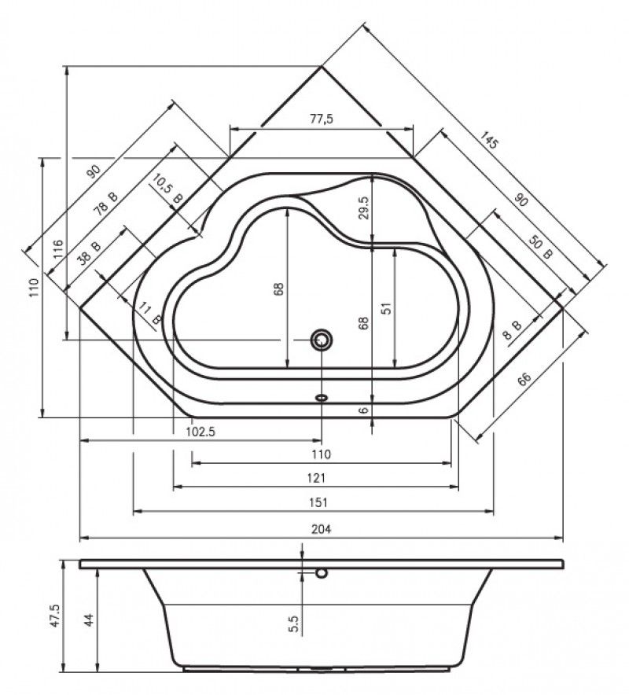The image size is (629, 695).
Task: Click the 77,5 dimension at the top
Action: click(321, 119)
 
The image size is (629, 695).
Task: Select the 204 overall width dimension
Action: click(321, 529)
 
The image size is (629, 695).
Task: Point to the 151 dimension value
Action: click(318, 502)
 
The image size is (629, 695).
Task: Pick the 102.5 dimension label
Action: click(200, 432)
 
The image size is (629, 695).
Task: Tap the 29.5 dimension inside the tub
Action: click(363, 207)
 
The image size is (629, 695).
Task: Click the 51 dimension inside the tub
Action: click(387, 308)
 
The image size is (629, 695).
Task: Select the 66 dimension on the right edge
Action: click(524, 380)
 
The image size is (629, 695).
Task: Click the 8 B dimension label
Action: click(513, 330)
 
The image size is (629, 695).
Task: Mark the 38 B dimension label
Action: click(89, 253)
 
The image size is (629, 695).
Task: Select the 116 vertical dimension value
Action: click(57, 249)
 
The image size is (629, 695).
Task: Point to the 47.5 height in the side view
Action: click(55, 616)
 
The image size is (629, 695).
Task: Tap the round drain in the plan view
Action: click(322, 340)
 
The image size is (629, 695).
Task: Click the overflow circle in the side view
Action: click(322, 574)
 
